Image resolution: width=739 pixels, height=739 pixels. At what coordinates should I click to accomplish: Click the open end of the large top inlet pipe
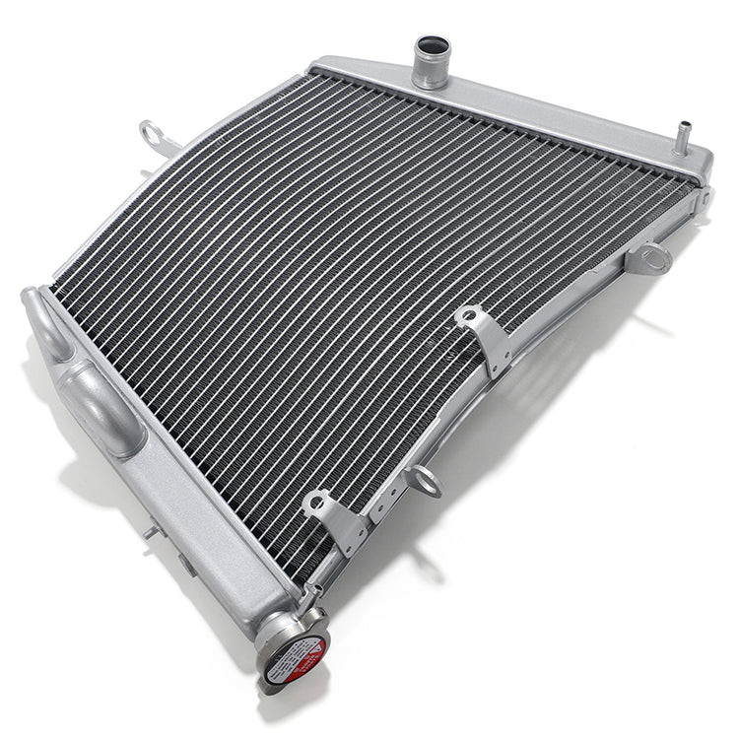pyautogui.click(x=432, y=46)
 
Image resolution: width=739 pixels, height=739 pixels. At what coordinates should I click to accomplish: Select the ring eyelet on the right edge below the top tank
pyautogui.click(x=650, y=259)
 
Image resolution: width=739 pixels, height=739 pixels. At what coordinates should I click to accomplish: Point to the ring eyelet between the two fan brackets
pyautogui.click(x=425, y=481)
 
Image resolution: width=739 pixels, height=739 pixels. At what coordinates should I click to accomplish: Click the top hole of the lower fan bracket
pyautogui.click(x=316, y=504)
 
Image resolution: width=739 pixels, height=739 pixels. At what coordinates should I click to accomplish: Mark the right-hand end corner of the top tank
pyautogui.click(x=702, y=164)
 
